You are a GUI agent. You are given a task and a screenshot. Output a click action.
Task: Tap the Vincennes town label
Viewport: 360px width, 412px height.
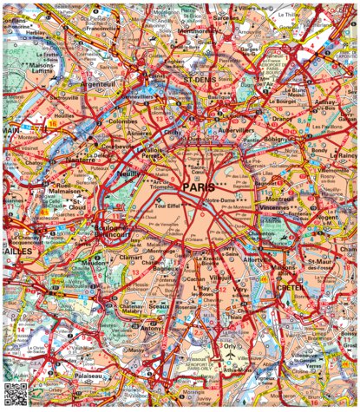(273, 208)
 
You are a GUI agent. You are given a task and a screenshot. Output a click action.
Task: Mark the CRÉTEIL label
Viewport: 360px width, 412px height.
(289, 286)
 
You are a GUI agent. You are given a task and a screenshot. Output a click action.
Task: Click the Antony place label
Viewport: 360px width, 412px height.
(153, 328)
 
